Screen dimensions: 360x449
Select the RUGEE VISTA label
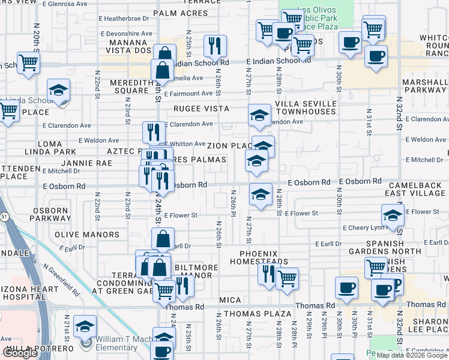(202, 109)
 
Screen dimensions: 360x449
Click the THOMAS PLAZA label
(258, 314)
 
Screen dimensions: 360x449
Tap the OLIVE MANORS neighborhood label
(87, 235)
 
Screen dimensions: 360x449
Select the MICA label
(230, 299)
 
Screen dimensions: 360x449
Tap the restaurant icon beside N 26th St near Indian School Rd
(214, 46)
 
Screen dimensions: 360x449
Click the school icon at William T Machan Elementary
(85, 326)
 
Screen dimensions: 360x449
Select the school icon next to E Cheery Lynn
(392, 215)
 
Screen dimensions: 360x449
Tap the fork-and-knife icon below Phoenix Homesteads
(268, 274)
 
